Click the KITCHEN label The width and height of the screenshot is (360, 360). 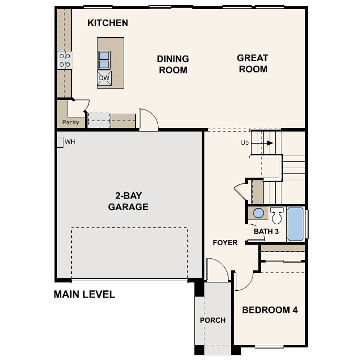point(107,23)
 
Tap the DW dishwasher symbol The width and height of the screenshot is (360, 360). point(104,79)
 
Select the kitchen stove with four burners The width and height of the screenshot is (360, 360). point(64,60)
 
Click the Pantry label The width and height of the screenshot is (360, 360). point(70,123)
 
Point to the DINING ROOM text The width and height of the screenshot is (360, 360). point(173,64)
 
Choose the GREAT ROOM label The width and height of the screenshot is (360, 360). point(253,63)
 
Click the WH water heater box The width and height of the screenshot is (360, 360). point(60,141)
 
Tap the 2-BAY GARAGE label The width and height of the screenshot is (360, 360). point(128,201)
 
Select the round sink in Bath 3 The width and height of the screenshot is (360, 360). point(258,213)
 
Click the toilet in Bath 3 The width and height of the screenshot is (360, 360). point(277,215)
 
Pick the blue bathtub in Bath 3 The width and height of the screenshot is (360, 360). point(296,224)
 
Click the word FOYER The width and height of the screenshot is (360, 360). point(225,243)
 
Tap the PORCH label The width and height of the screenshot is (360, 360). point(213,320)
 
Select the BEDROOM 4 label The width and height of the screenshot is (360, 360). point(270,310)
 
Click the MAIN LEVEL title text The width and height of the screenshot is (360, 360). point(84,294)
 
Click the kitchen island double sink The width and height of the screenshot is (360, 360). point(104,60)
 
